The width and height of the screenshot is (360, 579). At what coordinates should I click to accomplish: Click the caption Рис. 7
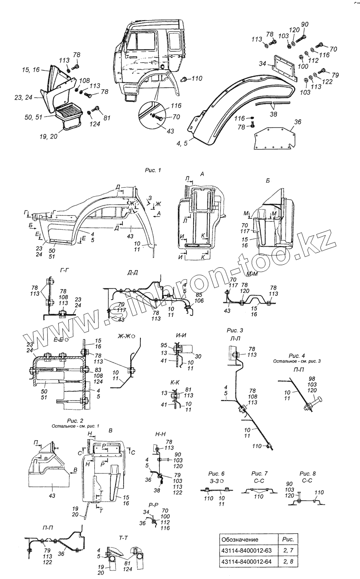(259, 473)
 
